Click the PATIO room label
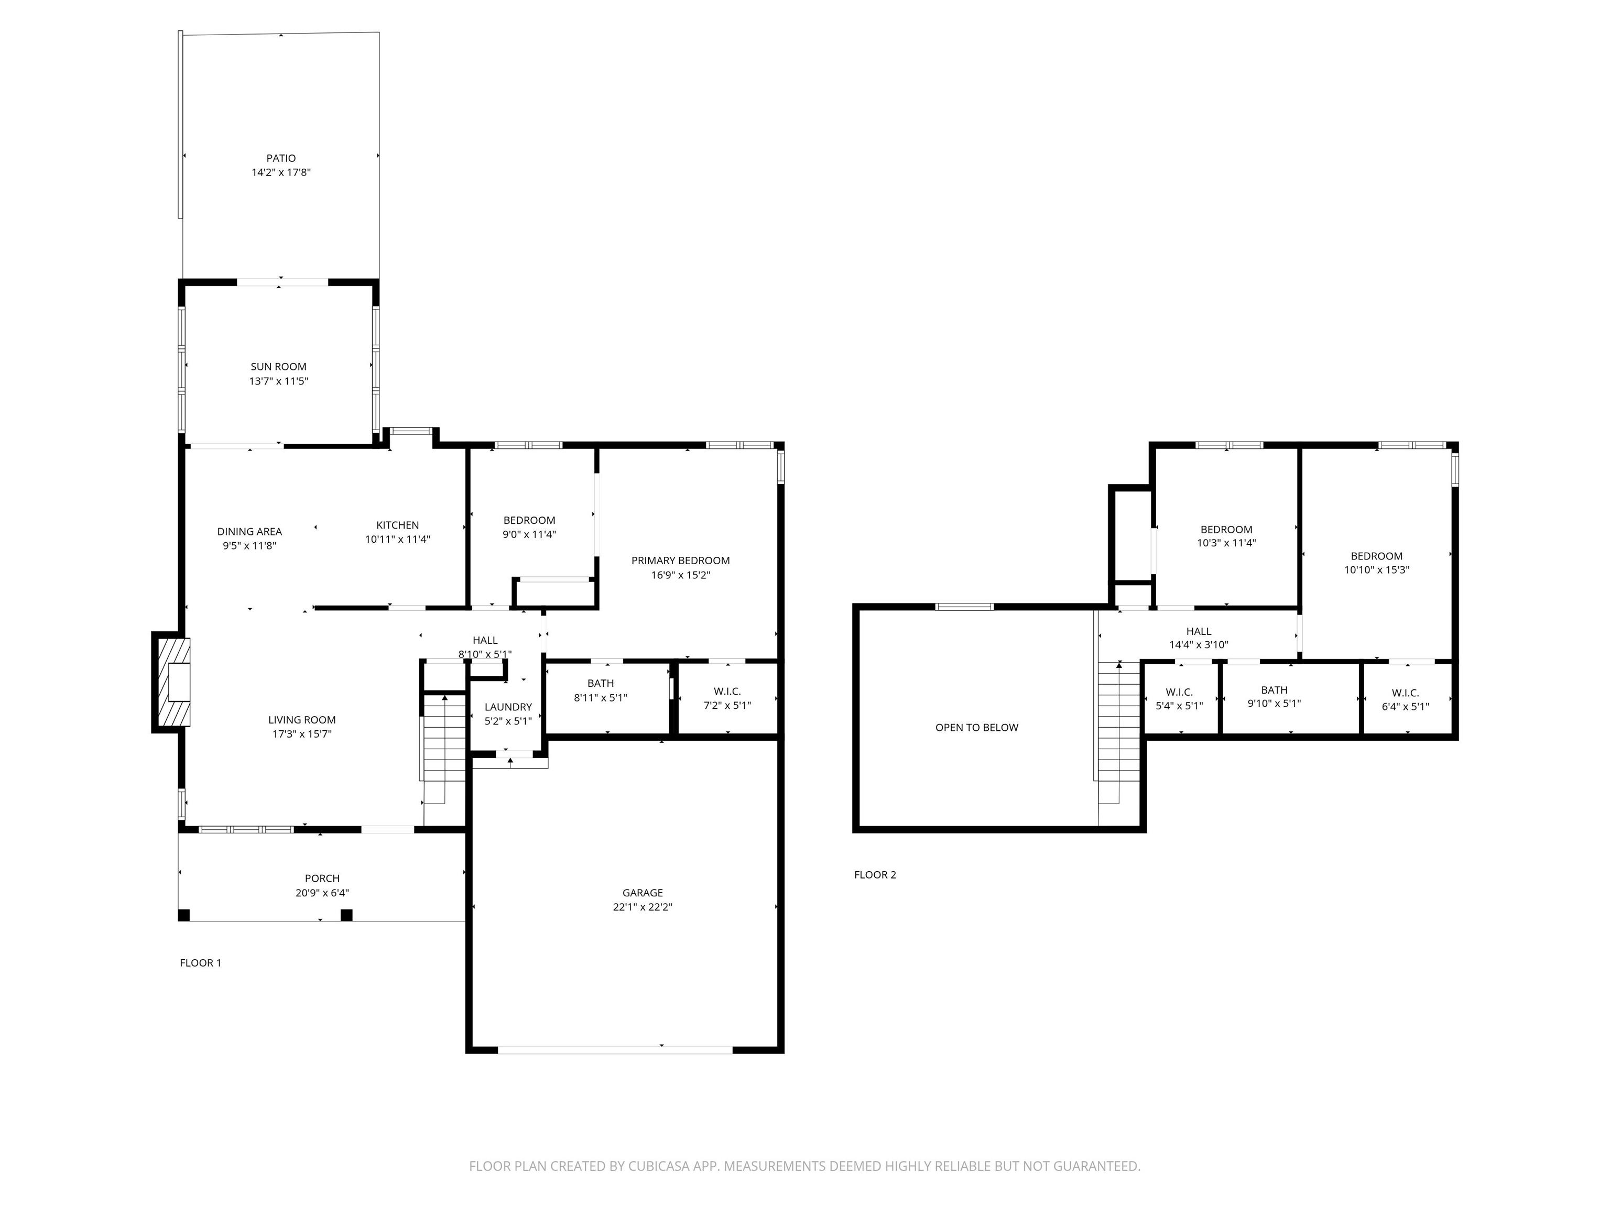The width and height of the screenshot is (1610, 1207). [281, 158]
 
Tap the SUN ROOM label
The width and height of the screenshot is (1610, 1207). [279, 367]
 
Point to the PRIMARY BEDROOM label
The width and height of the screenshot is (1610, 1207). [681, 560]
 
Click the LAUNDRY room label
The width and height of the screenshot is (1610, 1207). [508, 707]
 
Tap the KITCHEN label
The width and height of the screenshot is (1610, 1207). [397, 524]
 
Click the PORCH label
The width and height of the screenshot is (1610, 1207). [322, 878]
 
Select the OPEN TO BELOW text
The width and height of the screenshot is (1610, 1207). [977, 727]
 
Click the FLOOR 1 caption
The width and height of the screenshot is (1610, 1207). [200, 962]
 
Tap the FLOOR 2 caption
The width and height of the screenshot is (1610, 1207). [875, 874]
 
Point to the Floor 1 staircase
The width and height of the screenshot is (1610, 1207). [443, 749]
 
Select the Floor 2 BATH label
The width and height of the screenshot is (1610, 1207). [1275, 690]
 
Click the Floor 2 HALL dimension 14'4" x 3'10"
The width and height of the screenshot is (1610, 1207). [1199, 644]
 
